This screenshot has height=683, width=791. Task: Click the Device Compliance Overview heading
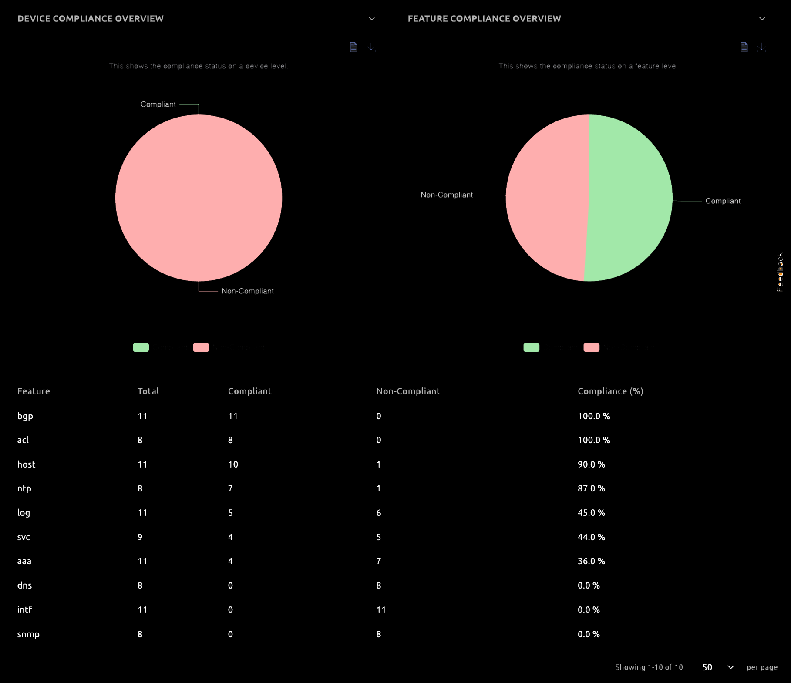pos(90,19)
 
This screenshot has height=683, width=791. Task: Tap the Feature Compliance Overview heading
pos(484,19)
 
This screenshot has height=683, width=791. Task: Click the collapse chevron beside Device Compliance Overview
pos(371,19)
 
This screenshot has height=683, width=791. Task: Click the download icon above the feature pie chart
pos(761,47)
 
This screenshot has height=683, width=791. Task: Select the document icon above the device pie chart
pos(353,47)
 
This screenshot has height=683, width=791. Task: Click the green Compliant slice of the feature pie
pos(631,196)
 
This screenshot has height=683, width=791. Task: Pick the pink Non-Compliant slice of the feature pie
pos(546,196)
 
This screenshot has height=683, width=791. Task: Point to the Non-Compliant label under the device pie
pos(247,291)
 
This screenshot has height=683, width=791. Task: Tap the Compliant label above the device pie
pos(158,104)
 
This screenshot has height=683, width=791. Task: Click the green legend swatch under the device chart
pos(141,347)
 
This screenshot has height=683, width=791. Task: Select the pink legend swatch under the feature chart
pos(591,347)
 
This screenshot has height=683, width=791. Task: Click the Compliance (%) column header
pos(610,391)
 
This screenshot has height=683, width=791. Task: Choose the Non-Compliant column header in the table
pos(408,391)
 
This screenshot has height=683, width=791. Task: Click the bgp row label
pos(25,416)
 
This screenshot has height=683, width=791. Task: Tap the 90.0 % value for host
pos(591,464)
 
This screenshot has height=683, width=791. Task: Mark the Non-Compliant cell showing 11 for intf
pos(381,610)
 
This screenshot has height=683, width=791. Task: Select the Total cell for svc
pos(140,537)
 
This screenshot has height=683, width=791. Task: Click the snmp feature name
pos(28,634)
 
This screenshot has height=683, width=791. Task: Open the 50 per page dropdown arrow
pos(730,667)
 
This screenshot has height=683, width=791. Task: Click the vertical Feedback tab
pos(780,272)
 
